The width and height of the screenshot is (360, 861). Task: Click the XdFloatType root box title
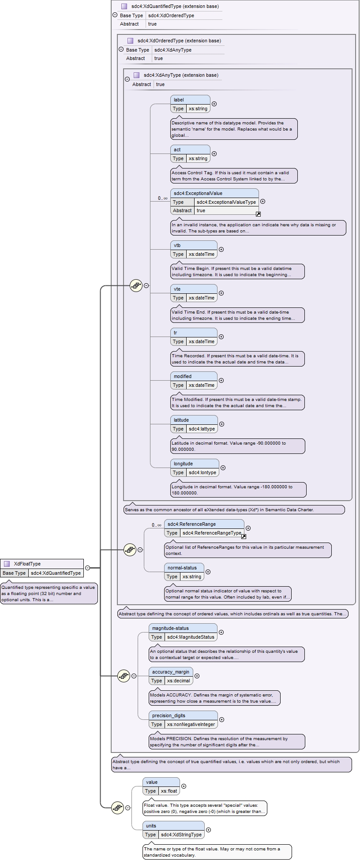pos(27,564)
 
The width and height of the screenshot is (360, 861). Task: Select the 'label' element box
pos(190,104)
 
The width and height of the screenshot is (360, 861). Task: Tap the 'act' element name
pos(177,150)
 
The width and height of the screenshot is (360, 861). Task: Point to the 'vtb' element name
pos(177,245)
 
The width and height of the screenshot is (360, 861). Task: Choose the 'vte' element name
pos(177,289)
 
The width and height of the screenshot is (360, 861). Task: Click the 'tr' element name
pos(175,333)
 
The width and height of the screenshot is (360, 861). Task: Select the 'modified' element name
pos(183,376)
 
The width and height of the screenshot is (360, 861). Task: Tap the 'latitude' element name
pos(181,420)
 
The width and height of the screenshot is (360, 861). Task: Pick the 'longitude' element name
pos(183,464)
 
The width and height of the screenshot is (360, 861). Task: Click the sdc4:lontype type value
pos(202,472)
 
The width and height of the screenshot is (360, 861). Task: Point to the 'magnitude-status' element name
pos(170,628)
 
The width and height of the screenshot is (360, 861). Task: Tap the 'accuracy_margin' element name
pos(171,672)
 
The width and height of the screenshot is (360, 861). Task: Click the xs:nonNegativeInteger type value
pos(191,724)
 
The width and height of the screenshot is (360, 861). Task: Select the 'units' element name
pos(151,826)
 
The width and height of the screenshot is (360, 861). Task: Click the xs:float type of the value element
pos(169,791)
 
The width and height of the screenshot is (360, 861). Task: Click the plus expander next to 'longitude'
pos(223,468)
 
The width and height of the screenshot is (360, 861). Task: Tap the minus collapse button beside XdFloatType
pos(87,568)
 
